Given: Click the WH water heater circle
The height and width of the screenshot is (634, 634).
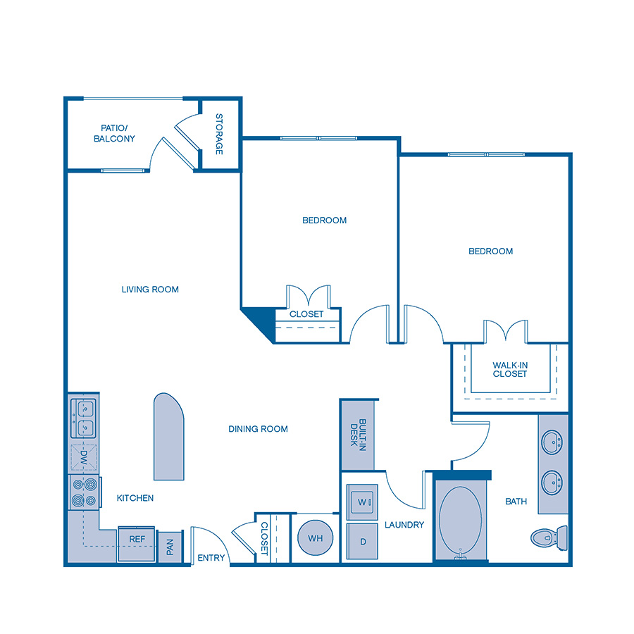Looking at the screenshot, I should point(315,539).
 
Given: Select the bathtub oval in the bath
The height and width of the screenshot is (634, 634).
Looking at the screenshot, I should point(461,520).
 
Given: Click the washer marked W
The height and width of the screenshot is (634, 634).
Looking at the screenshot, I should point(363,502).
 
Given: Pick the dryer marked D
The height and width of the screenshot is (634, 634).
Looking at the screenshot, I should point(363,542).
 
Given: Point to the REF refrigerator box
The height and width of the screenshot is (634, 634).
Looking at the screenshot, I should point(137,540).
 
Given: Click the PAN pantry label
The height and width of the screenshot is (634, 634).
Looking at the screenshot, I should point(170,547).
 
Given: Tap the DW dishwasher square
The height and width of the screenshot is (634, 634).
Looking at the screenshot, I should point(84,456).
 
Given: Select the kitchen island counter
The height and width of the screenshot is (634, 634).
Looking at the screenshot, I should point(169,437).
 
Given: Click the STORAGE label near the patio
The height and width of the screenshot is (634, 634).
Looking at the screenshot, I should point(219,135).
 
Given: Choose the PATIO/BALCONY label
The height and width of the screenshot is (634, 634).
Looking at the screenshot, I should point(114,134).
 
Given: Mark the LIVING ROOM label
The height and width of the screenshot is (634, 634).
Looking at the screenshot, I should point(150,290).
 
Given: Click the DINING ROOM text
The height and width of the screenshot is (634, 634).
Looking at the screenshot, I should point(258,429).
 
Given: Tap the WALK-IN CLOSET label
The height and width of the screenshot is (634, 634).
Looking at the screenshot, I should point(510,369).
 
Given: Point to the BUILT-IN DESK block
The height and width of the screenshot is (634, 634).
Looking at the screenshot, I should point(358,435).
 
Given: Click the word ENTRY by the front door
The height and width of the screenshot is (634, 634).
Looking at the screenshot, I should point(211,558).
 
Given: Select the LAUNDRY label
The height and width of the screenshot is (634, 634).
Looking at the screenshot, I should point(404,525).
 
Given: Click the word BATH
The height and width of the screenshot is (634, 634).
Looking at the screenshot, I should point(516,502).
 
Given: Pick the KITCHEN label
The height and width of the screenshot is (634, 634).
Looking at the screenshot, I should point(135,498).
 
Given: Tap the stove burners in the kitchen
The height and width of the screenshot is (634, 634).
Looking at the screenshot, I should point(84,492).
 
